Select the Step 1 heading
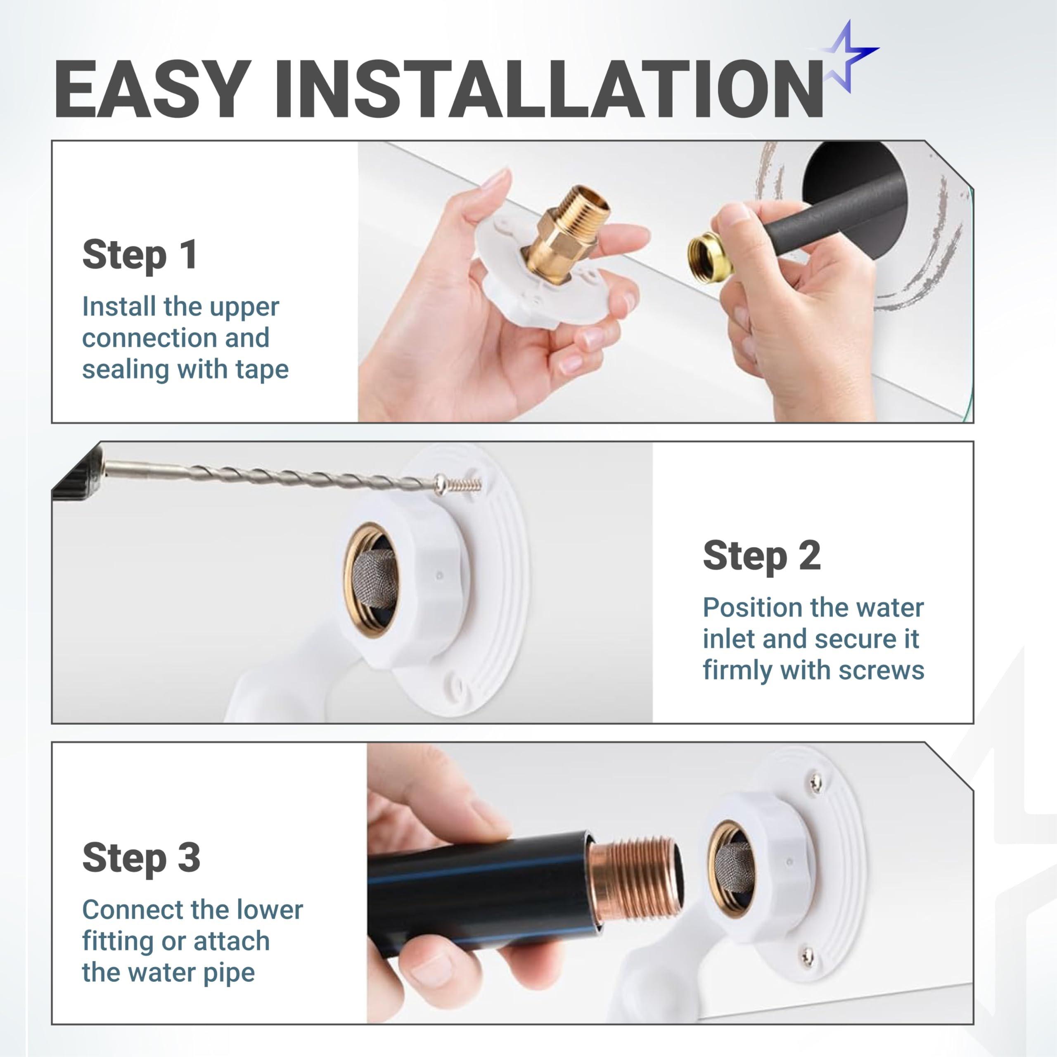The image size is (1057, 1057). tap(140, 255)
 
